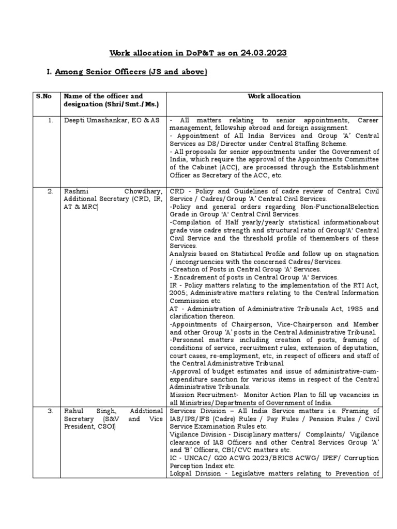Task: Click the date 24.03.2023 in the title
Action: [262, 53]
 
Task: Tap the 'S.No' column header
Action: [44, 96]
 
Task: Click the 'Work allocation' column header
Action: [274, 96]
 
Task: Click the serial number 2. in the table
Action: [51, 191]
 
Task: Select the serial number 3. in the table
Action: [51, 411]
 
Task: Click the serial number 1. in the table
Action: [51, 120]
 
